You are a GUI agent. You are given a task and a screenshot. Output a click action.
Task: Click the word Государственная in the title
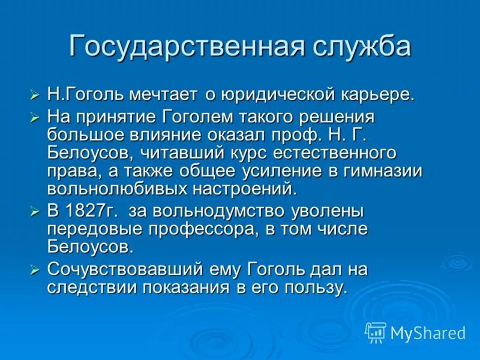pyautogui.click(x=180, y=47)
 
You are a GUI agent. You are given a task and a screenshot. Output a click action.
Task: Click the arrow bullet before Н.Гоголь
pyautogui.click(x=35, y=95)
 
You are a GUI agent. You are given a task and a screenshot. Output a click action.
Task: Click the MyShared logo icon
pyautogui.click(x=376, y=332)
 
